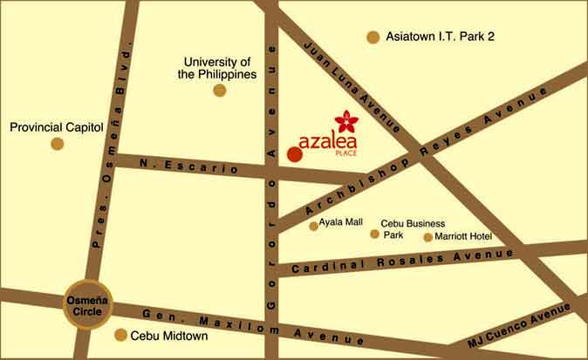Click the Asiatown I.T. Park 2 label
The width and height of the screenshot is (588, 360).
click(440, 37)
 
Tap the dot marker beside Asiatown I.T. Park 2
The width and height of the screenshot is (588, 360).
click(373, 37)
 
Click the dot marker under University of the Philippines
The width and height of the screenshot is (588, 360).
click(219, 90)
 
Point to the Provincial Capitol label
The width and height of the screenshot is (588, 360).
click(57, 127)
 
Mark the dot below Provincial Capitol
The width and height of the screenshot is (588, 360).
click(57, 144)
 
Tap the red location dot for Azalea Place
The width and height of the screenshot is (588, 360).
click(294, 154)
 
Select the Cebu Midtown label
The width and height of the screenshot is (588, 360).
click(168, 336)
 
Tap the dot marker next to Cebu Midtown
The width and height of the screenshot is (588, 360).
click(120, 335)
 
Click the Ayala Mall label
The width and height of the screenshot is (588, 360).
click(341, 223)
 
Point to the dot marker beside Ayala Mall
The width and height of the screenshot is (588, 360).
click(314, 226)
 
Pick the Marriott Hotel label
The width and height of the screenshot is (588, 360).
click(464, 236)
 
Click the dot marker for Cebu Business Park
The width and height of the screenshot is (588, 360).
click(374, 234)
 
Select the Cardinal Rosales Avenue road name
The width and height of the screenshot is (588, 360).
click(403, 260)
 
